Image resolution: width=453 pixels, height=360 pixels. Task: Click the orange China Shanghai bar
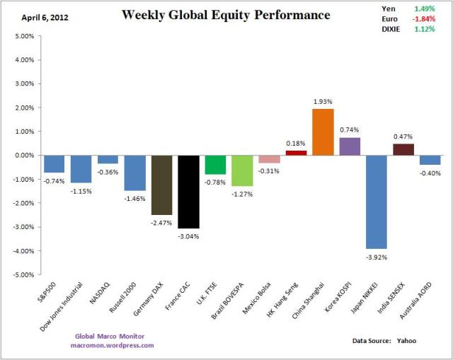coord(323,132)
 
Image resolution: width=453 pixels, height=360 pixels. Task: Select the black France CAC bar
coord(188,192)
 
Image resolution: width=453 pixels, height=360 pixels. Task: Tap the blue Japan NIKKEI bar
coord(377,202)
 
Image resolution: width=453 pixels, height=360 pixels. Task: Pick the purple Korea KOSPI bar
coord(350,146)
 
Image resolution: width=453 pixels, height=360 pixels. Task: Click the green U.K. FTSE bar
coord(215,165)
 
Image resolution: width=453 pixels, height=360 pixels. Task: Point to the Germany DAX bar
coord(161,185)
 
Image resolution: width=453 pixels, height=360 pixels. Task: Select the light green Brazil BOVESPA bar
coord(242,170)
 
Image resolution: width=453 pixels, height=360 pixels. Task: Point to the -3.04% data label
coord(188,236)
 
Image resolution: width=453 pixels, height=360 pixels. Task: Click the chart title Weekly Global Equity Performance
coord(226,15)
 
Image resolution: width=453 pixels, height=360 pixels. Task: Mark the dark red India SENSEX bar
coord(403,149)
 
